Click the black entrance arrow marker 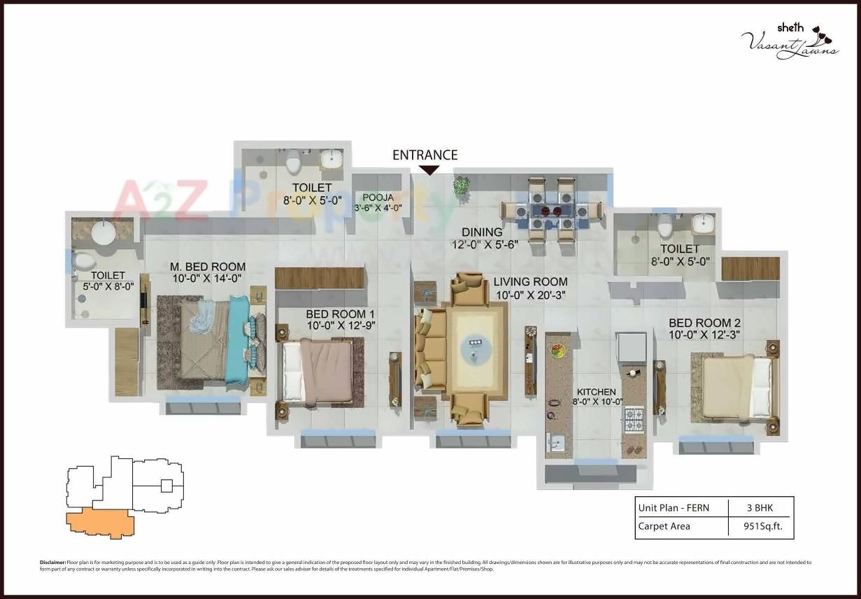point(429,170)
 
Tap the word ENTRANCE point(425,155)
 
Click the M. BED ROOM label point(208,267)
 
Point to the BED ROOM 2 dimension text point(704,335)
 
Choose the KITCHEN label point(596,392)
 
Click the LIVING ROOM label point(530,282)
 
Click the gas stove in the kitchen point(634,419)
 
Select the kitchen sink point(556,443)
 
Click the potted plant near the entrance point(461,185)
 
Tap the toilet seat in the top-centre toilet point(293,162)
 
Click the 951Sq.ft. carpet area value point(760,526)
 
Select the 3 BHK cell point(760,508)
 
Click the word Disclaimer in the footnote point(52,563)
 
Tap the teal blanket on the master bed point(238,339)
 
